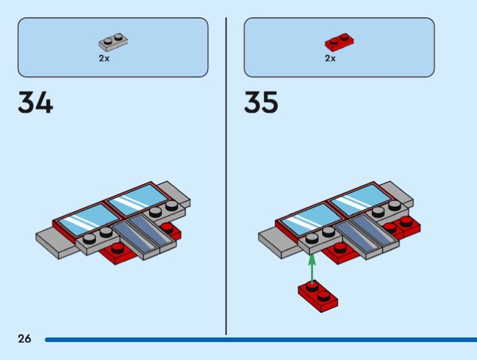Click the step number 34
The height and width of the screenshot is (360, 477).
[x=35, y=103]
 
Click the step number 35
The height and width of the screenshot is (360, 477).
[x=261, y=103]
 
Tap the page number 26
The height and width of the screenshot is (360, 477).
[x=24, y=339]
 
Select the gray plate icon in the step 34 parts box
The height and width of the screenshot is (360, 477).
[x=113, y=42]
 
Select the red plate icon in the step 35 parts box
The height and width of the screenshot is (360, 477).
[x=339, y=42]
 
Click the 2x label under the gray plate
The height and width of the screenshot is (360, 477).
[x=104, y=58]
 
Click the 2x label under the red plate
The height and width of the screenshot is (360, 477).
[x=330, y=58]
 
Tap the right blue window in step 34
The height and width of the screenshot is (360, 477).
[x=136, y=200]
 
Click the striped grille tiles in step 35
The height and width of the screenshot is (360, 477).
[x=366, y=232]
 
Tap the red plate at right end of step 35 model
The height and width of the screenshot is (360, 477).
[x=406, y=226]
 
